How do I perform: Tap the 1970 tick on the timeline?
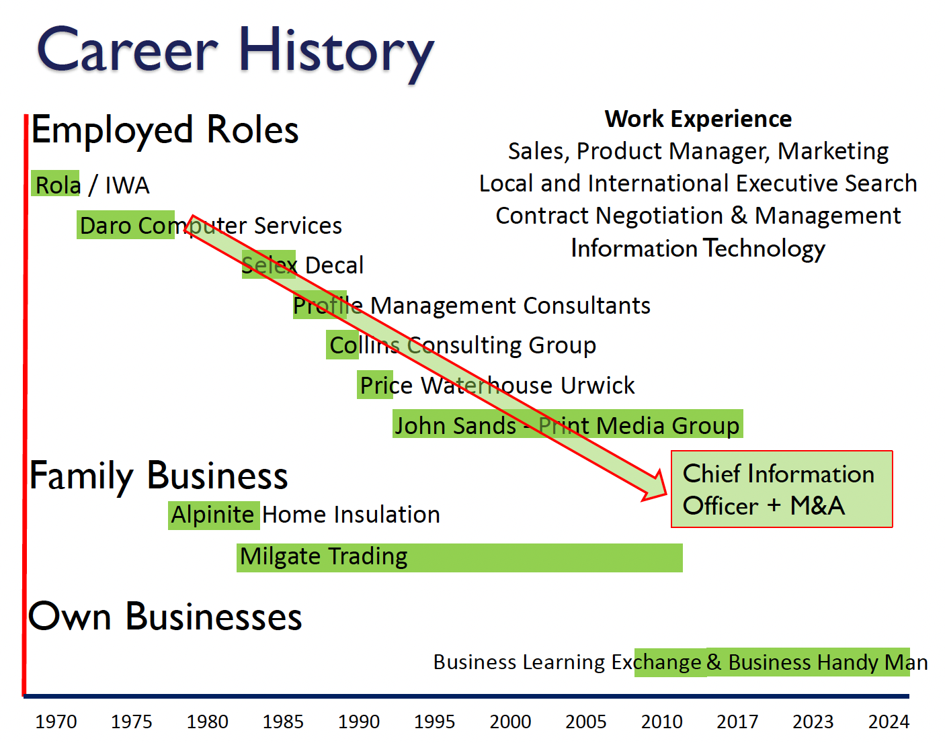pyautogui.click(x=56, y=722)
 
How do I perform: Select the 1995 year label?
pyautogui.click(x=434, y=722)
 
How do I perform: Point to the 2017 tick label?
pyautogui.click(x=737, y=722)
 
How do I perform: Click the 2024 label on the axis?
pyautogui.click(x=889, y=722)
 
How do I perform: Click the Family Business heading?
pyautogui.click(x=158, y=477)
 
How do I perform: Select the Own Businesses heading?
pyautogui.click(x=165, y=617)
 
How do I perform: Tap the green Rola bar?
pyautogui.click(x=55, y=183)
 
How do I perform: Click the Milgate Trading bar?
pyautogui.click(x=459, y=558)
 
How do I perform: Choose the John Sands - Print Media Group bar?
pyautogui.click(x=568, y=423)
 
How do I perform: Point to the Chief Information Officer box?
pyautogui.click(x=782, y=489)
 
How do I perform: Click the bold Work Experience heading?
pyautogui.click(x=698, y=119)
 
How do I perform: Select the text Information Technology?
pyautogui.click(x=698, y=249)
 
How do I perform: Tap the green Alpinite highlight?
pyautogui.click(x=214, y=515)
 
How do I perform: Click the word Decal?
pyautogui.click(x=334, y=265)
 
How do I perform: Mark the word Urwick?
pyautogui.click(x=598, y=386)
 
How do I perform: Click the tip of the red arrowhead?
pyautogui.click(x=667, y=494)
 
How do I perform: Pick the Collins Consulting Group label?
pyautogui.click(x=463, y=345)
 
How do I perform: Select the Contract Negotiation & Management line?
pyautogui.click(x=698, y=216)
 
